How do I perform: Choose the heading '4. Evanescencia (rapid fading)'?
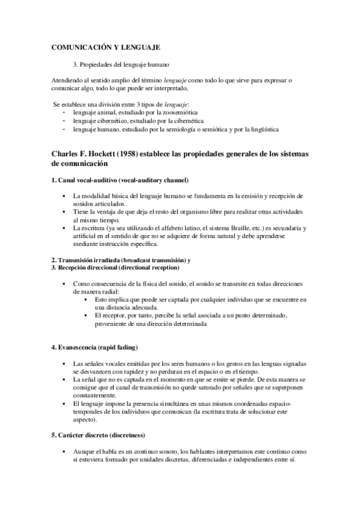pyautogui.click(x=95, y=348)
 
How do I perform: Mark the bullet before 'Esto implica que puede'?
pyautogui.click(x=87, y=299)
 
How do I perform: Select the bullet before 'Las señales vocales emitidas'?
pyautogui.click(x=64, y=364)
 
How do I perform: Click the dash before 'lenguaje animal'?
pyautogui.click(x=64, y=112)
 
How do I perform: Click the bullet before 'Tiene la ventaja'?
pyautogui.click(x=64, y=212)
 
